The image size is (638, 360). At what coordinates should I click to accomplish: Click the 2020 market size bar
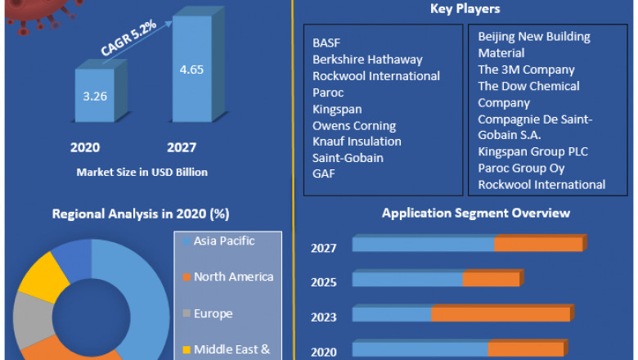tap(96, 95)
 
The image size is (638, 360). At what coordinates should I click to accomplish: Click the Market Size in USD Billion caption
tap(142, 173)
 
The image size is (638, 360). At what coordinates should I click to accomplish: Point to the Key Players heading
tap(465, 9)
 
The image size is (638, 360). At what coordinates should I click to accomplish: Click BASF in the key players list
tap(327, 43)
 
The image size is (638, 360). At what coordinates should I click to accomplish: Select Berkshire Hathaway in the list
tap(367, 59)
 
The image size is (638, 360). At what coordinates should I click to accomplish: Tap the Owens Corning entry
tap(353, 125)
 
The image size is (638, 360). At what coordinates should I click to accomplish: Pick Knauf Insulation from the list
tap(357, 142)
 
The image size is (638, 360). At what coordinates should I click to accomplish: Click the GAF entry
tap(324, 174)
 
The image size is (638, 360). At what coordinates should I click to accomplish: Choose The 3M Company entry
tap(526, 70)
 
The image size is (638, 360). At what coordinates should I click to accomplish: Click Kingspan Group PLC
tap(532, 151)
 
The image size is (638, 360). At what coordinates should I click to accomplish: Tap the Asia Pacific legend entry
tap(223, 241)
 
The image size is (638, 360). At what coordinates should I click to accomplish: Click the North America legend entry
tap(232, 277)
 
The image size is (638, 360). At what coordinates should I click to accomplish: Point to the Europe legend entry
tap(213, 313)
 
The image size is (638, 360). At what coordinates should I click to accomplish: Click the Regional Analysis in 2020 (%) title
tap(141, 214)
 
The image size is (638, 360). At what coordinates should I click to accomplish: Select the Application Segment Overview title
tap(465, 214)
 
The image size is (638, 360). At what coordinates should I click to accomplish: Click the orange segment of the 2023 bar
tap(501, 314)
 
